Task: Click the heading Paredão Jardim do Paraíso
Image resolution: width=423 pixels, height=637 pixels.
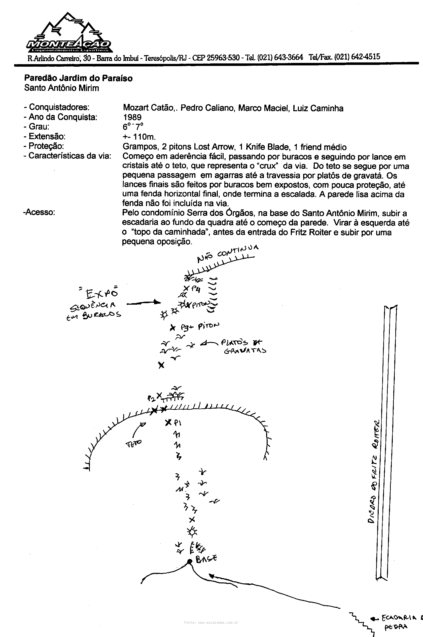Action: [78, 78]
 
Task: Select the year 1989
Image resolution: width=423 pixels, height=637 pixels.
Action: [132, 117]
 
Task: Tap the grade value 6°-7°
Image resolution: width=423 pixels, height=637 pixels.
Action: [133, 127]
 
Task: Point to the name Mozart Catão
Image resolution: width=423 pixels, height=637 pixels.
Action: [148, 108]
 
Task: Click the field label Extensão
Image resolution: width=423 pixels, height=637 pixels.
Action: [47, 136]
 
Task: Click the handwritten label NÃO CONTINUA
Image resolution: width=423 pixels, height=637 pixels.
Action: [228, 253]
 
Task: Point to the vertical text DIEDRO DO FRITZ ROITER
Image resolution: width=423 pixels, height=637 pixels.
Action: [374, 472]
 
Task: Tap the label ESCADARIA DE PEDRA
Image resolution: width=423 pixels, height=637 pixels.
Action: [399, 622]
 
